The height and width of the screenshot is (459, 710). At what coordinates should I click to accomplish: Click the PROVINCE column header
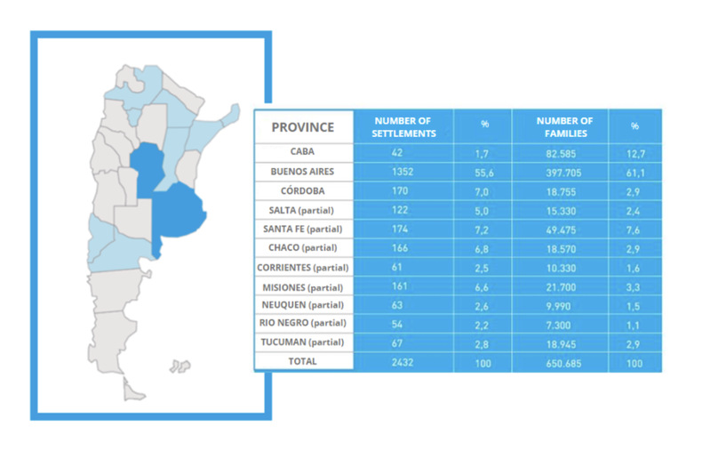pos(303,126)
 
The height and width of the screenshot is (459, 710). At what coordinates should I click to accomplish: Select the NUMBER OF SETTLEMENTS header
pos(403,126)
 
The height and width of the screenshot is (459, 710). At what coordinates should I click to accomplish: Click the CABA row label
pos(303,152)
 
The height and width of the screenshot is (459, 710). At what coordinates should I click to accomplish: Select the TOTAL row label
pos(303,361)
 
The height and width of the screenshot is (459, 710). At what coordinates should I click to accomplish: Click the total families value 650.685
pos(564,361)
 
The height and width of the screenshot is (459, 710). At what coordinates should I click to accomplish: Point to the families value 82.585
pos(564,152)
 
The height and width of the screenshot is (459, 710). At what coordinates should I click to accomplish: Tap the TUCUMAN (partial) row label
pos(303,342)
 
